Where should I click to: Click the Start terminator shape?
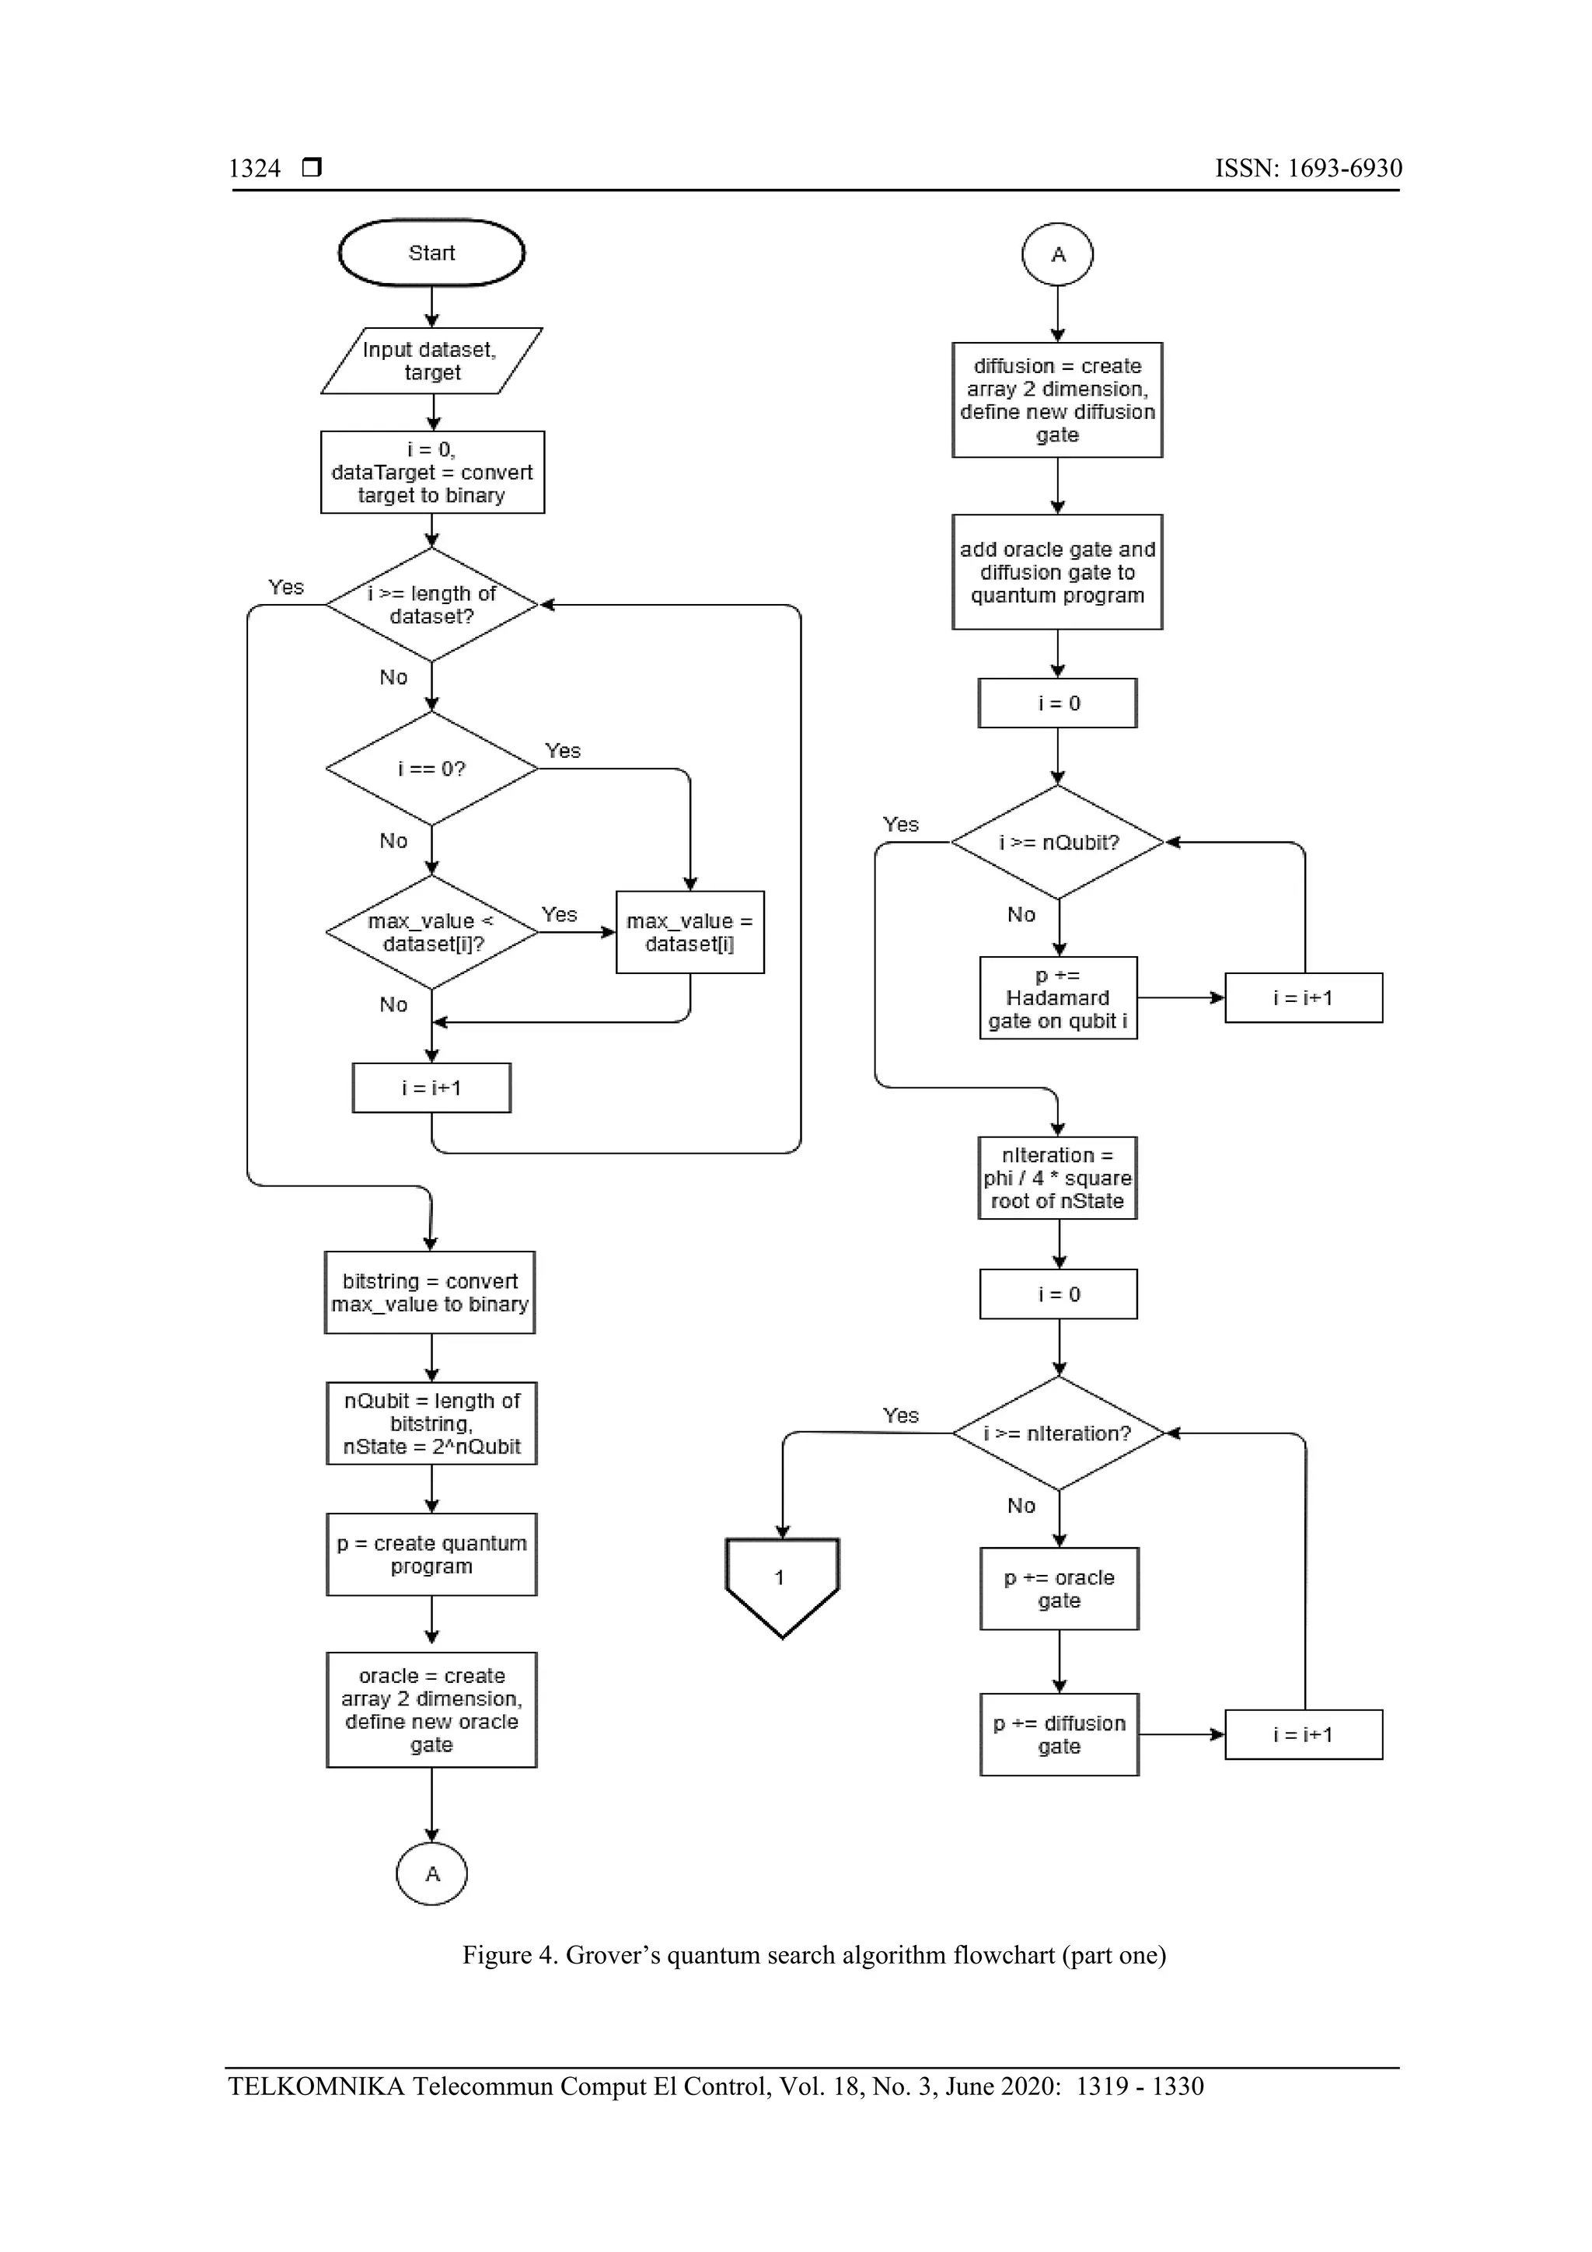click(431, 253)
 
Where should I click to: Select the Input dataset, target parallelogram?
click(431, 361)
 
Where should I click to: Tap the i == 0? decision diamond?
click(431, 769)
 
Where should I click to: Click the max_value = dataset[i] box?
click(690, 933)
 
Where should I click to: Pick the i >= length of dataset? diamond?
click(431, 606)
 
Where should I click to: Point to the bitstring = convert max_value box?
click(430, 1293)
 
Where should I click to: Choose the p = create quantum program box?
click(431, 1555)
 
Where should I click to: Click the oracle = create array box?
click(431, 1709)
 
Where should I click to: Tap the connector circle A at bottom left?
click(431, 1873)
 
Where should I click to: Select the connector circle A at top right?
click(1057, 255)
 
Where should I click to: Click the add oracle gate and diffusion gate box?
click(1057, 572)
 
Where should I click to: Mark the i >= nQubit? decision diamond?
click(1057, 843)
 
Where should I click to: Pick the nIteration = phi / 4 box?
click(1057, 1178)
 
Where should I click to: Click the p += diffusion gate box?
click(1060, 1734)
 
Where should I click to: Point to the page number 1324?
click(255, 169)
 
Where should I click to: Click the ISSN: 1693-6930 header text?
click(1307, 169)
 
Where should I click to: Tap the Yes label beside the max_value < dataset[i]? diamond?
click(559, 914)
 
